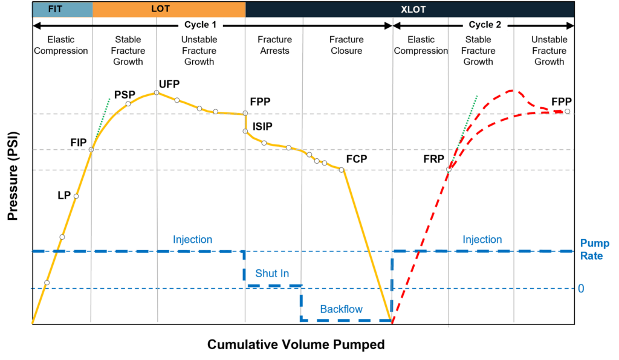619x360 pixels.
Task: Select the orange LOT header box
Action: pyautogui.click(x=169, y=9)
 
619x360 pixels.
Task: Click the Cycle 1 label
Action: pyautogui.click(x=200, y=25)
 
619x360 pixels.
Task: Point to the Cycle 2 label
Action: pyautogui.click(x=485, y=25)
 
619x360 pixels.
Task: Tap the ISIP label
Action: pyautogui.click(x=262, y=127)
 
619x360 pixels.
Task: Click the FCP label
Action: pyautogui.click(x=357, y=159)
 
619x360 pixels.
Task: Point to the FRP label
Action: pyautogui.click(x=434, y=159)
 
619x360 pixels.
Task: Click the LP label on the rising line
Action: pyautogui.click(x=63, y=195)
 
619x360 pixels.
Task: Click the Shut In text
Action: pyautogui.click(x=271, y=274)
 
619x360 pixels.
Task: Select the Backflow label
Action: pyautogui.click(x=341, y=309)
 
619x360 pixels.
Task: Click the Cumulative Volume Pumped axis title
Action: pyautogui.click(x=296, y=345)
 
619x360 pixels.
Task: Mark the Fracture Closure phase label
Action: pyautogui.click(x=346, y=45)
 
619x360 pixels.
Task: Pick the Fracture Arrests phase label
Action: pyautogui.click(x=274, y=45)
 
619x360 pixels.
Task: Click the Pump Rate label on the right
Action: pyautogui.click(x=595, y=249)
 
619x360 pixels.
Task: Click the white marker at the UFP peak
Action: pyautogui.click(x=156, y=92)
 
